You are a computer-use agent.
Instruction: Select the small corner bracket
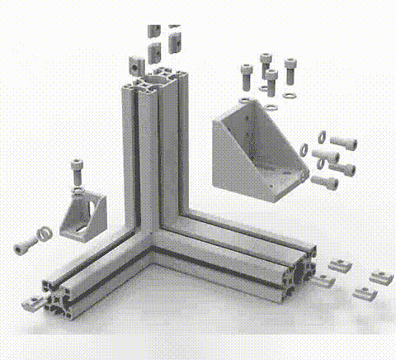(x=82, y=216)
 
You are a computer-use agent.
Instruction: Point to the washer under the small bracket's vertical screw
(x=77, y=192)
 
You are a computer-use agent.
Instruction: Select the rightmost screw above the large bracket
(x=290, y=68)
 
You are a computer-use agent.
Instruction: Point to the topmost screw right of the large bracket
(x=344, y=142)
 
